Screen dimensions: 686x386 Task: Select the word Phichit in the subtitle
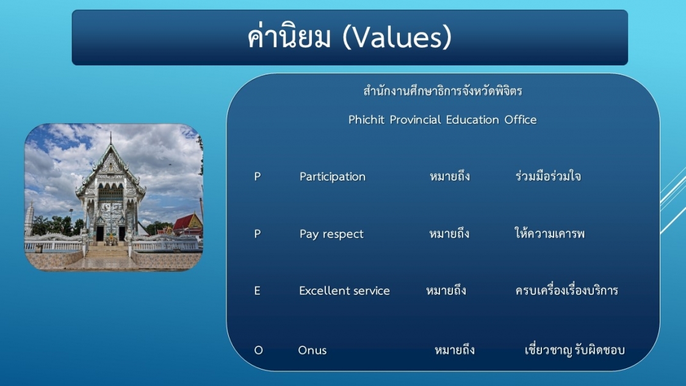click(366, 120)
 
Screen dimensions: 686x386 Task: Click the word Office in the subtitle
click(520, 120)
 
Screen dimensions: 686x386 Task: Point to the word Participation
click(333, 177)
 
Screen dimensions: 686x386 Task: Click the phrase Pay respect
click(331, 234)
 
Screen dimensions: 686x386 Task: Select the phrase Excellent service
click(344, 291)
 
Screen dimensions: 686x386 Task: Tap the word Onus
click(312, 350)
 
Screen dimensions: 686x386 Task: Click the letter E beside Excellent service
click(258, 291)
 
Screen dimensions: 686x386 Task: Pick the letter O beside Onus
click(259, 350)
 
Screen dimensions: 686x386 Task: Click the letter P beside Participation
click(258, 177)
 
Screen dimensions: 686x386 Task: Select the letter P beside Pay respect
click(258, 234)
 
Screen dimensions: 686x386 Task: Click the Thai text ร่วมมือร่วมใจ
click(548, 175)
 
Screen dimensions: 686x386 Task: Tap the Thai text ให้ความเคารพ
click(549, 233)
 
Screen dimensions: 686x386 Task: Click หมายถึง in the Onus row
click(455, 350)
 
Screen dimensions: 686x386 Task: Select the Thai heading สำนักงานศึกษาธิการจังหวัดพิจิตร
click(442, 91)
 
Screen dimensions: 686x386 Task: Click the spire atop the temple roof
click(110, 139)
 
